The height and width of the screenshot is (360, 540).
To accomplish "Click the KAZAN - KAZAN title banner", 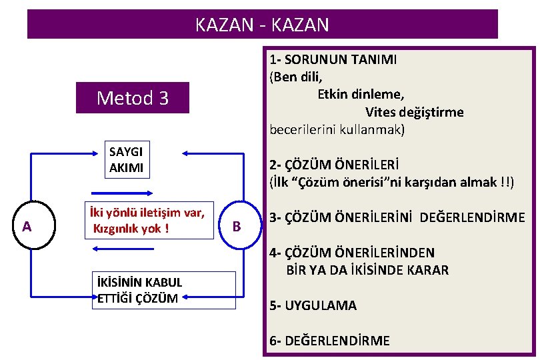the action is [x=262, y=25].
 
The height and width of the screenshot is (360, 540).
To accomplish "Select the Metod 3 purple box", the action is [x=133, y=98].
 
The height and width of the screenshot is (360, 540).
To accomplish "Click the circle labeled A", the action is [x=27, y=227].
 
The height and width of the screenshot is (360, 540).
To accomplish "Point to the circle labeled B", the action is [x=236, y=226].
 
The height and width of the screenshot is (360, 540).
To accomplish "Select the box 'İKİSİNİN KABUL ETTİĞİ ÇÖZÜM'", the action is [x=162, y=290].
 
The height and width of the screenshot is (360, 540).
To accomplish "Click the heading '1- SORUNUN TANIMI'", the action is [x=333, y=59].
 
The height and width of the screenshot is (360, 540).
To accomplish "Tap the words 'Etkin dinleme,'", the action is [x=361, y=94].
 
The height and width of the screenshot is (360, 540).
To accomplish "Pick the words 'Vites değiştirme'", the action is [x=414, y=111].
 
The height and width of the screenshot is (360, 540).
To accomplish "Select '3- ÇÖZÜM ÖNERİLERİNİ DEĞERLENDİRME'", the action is [x=397, y=217].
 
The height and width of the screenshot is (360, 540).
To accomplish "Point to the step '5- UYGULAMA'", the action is [x=313, y=305].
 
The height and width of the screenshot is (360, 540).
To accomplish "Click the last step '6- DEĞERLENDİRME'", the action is [x=329, y=341].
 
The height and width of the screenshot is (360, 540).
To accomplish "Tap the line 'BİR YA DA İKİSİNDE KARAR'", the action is [x=367, y=270].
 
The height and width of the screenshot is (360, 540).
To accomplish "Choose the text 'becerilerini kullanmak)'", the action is [x=337, y=129].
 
